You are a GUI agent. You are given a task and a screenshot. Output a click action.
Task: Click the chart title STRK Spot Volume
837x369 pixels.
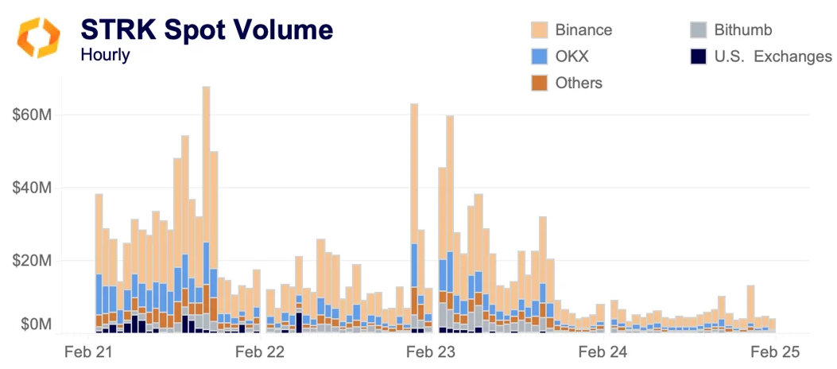[207, 29]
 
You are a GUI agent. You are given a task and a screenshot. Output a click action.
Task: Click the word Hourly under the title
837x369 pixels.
[106, 56]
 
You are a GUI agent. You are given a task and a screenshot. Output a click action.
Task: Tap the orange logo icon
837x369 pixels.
[38, 37]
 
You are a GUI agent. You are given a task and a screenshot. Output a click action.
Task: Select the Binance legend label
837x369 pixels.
[583, 30]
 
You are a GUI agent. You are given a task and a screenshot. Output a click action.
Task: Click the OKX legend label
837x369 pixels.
[572, 56]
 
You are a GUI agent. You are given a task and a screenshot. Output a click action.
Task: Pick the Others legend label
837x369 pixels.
[579, 83]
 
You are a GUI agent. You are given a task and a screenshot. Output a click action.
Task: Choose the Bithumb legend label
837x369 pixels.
[742, 30]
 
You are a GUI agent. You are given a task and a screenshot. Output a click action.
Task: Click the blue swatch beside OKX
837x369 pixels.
[541, 56]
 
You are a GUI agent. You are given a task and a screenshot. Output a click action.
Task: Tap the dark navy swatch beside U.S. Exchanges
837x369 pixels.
[699, 56]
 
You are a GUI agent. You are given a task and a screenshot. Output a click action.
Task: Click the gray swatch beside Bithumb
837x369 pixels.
[699, 30]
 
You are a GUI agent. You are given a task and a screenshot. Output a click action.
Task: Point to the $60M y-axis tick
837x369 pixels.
[33, 115]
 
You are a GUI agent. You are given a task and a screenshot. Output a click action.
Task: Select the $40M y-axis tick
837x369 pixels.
[33, 188]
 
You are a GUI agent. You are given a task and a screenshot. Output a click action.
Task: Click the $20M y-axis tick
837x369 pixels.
[33, 261]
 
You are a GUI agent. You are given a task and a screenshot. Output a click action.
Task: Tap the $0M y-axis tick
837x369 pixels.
[35, 324]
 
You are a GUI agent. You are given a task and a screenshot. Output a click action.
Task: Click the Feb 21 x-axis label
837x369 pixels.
[87, 351]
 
